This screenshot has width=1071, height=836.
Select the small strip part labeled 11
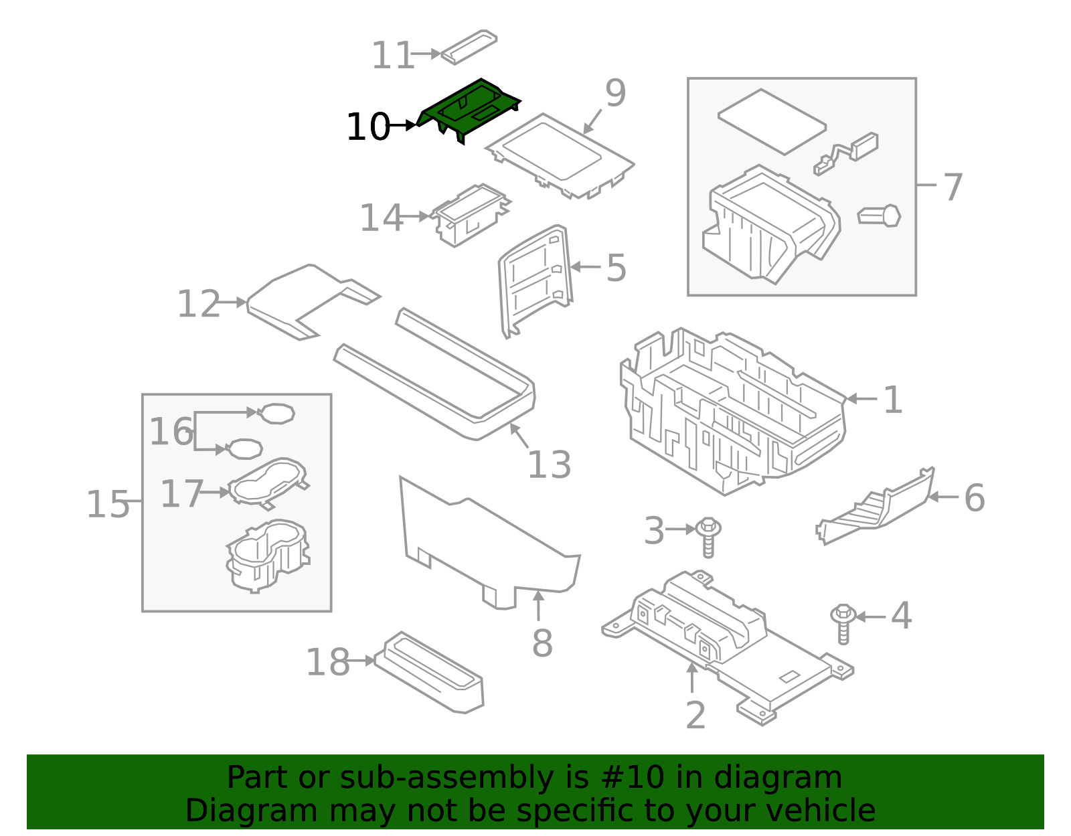(469, 47)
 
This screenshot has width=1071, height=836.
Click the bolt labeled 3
(708, 536)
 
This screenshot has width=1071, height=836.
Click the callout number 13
(549, 465)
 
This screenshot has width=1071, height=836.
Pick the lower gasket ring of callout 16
(245, 448)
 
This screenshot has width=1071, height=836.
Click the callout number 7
(953, 187)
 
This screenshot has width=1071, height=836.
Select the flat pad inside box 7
(772, 121)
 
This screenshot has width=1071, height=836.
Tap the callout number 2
(695, 716)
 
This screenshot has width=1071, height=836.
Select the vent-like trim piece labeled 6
(877, 509)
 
